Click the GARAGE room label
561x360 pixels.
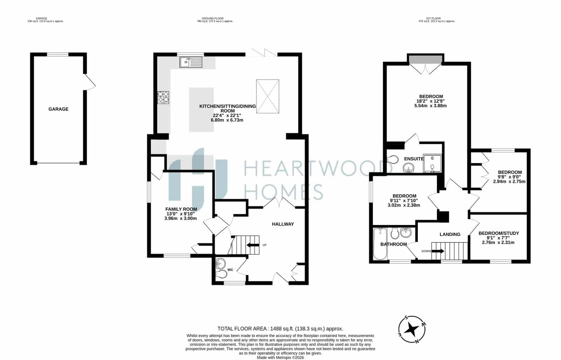58,109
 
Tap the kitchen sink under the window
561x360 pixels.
191,62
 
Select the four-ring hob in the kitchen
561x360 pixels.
163,97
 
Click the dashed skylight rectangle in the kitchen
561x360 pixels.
268,96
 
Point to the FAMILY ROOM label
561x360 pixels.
181,209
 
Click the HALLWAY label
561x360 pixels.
283,224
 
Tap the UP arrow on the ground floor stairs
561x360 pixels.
252,245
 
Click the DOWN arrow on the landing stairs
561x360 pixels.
438,251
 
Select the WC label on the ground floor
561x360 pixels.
230,270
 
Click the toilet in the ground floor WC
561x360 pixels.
221,274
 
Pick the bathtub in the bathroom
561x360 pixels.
380,244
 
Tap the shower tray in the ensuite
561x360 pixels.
433,164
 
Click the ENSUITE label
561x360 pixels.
414,159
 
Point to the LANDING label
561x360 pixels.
450,234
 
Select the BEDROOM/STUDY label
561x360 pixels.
499,233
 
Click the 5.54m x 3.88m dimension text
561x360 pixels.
431,106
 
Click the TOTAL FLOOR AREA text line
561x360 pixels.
280,329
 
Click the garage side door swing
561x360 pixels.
90,82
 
